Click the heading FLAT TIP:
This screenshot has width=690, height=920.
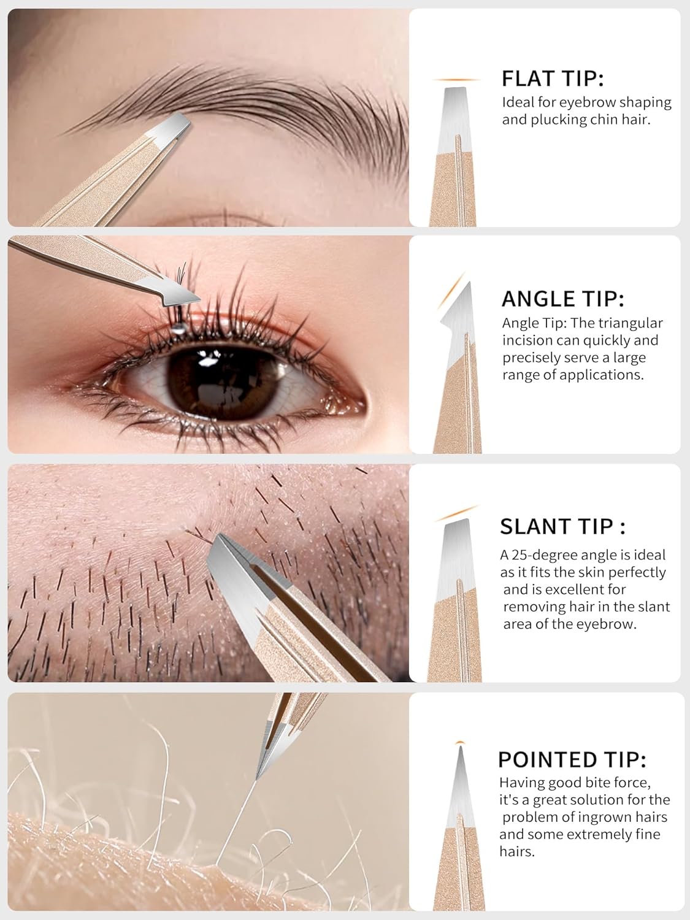(x=553, y=79)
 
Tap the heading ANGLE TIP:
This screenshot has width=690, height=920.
(x=562, y=299)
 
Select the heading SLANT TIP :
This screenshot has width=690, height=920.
(x=562, y=526)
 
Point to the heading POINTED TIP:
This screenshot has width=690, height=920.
(x=572, y=759)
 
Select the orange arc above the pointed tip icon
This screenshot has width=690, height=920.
(x=461, y=743)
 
